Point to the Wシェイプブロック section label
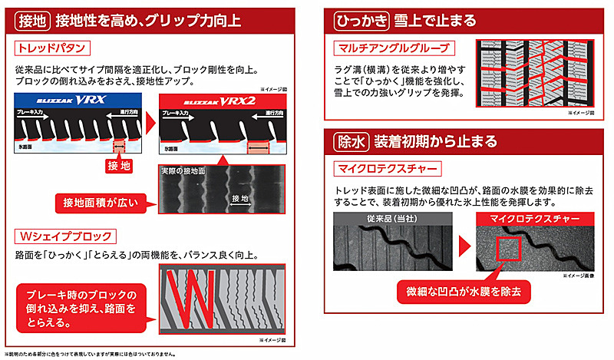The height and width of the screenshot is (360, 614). pos(65,236)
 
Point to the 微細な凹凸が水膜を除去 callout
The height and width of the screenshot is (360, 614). pos(462,292)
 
